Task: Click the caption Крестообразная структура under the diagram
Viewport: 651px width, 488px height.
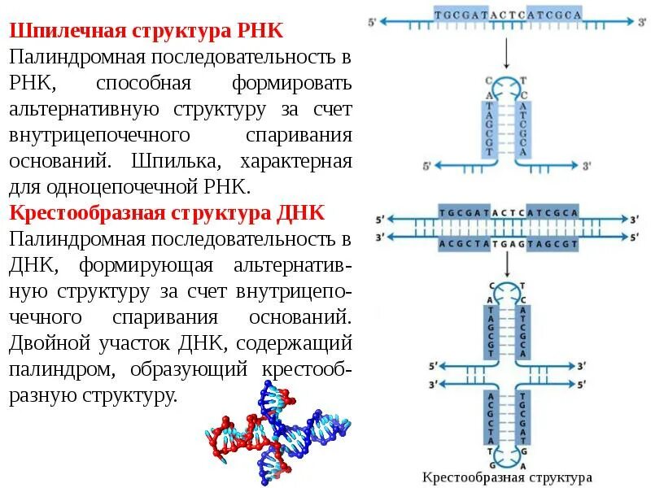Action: coord(507,477)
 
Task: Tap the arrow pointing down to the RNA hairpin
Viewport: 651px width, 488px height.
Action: coord(506,54)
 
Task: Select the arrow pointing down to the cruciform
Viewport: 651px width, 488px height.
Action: coord(506,262)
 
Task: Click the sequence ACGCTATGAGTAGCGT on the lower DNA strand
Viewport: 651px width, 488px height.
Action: coord(508,243)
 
